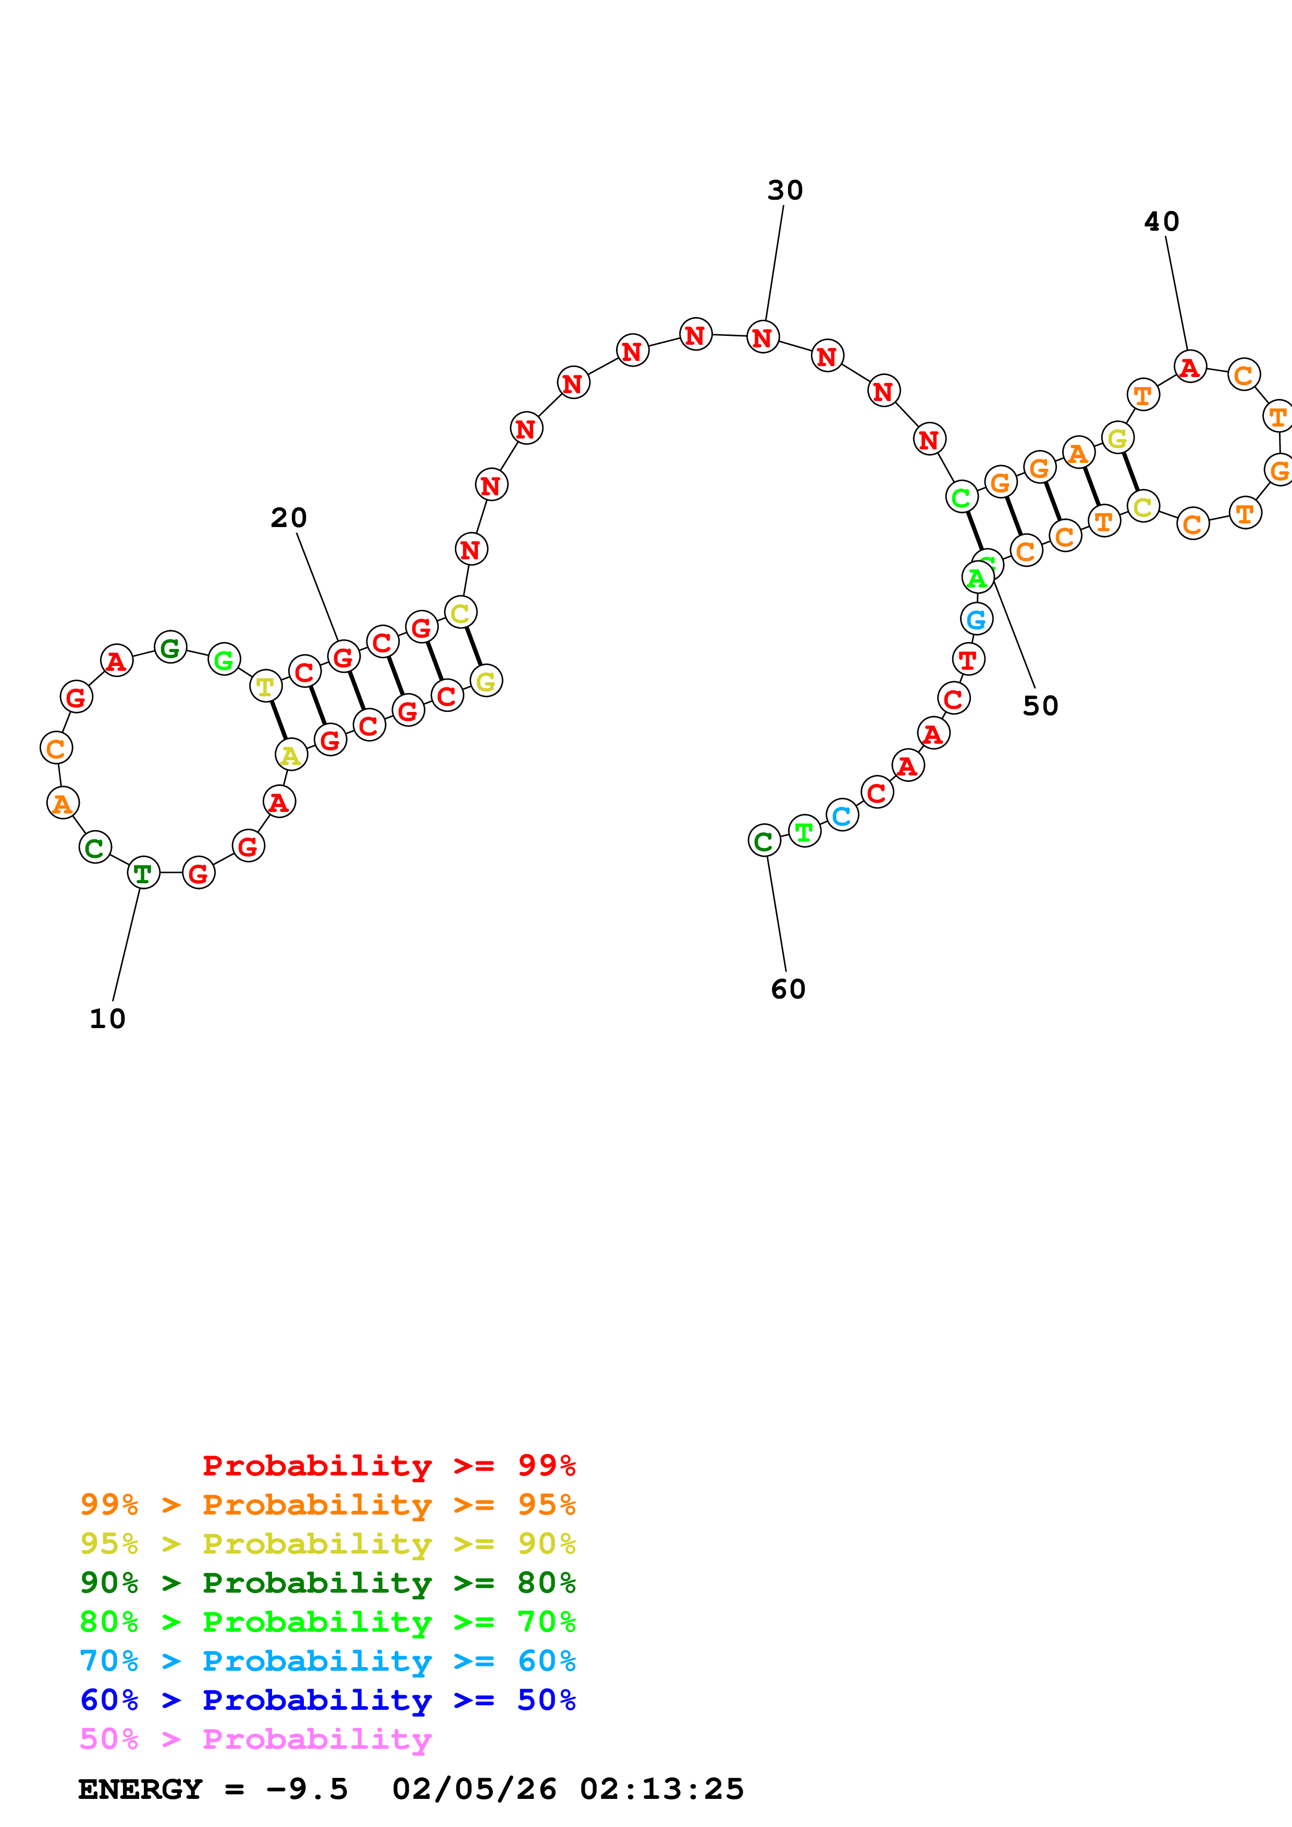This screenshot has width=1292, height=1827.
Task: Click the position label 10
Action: coord(107,1019)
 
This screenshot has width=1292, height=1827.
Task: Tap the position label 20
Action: coord(288,518)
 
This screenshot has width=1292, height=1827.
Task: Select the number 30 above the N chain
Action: coord(785,190)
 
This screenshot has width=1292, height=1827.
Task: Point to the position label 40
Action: coord(1162,221)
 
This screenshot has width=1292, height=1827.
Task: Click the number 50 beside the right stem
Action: coord(1040,706)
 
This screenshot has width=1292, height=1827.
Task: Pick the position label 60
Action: coord(788,989)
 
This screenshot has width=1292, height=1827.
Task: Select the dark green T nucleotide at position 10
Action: coord(143,873)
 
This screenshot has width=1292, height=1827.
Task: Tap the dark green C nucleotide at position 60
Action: coord(764,840)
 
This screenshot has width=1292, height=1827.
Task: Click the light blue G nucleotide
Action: coord(977,618)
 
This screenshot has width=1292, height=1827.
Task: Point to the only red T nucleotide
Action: coord(968,659)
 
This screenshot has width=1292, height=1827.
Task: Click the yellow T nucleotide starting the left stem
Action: coord(265,686)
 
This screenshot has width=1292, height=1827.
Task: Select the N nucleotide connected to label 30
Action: coord(762,337)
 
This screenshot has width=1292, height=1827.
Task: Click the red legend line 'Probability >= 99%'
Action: coord(388,1466)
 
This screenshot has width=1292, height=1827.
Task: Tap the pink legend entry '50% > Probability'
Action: coord(255,1738)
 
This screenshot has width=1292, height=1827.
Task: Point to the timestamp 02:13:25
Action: coord(661,1790)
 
